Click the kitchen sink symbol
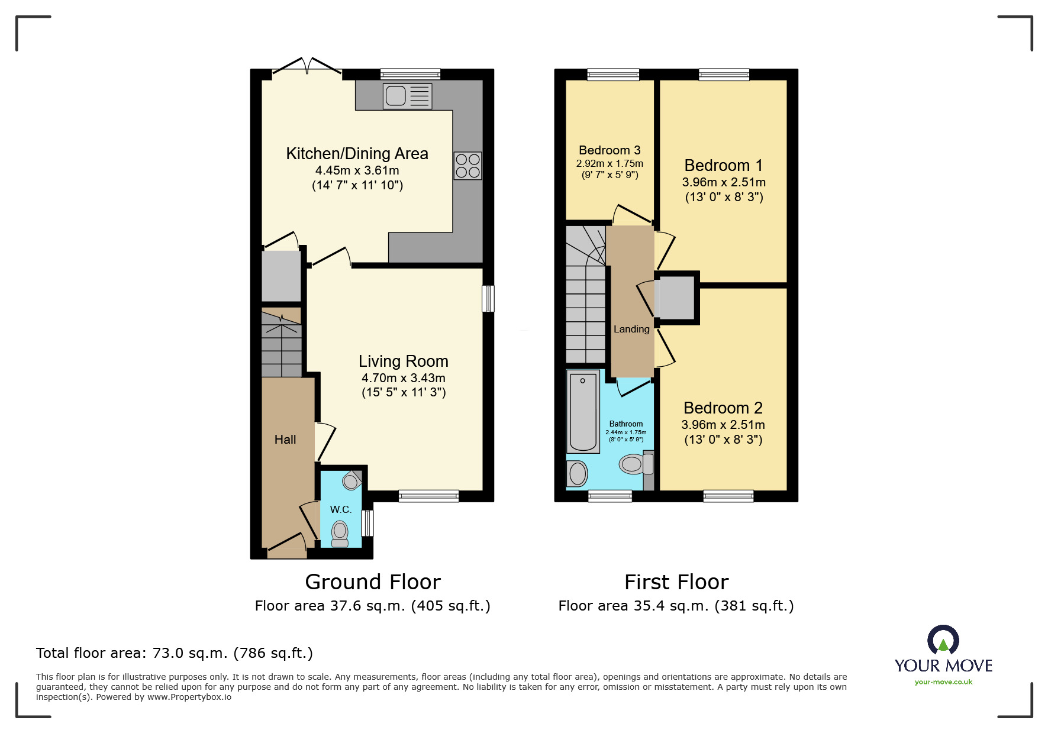(407, 96)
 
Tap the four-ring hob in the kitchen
(467, 166)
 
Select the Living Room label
(403, 361)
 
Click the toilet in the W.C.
(340, 533)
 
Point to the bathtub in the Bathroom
(583, 412)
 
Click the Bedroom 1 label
(723, 166)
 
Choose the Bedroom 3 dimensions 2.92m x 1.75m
(610, 164)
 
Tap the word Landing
(631, 330)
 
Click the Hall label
(285, 440)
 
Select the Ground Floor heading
(373, 582)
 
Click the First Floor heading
(676, 582)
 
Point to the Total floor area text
(175, 653)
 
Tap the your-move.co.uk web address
(943, 682)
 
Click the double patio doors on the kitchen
(307, 70)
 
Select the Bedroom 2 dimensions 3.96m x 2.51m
(723, 425)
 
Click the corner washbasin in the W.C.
(351, 481)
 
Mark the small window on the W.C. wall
(367, 523)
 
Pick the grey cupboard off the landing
(676, 298)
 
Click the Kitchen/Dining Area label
(357, 154)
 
